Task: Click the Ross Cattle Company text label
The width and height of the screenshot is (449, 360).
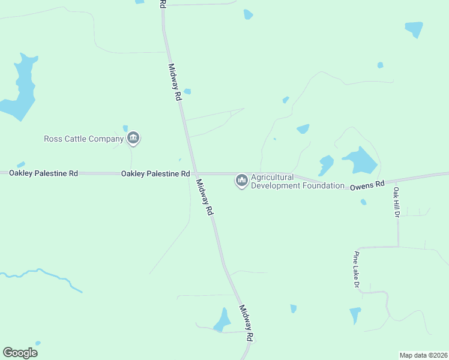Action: tap(83, 139)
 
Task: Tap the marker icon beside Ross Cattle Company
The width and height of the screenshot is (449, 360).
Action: tap(133, 139)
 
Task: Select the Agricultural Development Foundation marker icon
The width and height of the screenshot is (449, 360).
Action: tap(242, 180)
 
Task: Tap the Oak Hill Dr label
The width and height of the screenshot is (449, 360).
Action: tap(396, 202)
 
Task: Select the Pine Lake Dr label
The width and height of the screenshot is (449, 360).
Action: tap(356, 269)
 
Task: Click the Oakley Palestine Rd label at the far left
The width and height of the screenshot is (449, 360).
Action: tap(39, 173)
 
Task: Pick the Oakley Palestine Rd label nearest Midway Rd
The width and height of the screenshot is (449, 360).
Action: tap(155, 173)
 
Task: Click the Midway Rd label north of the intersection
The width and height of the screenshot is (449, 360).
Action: tap(175, 82)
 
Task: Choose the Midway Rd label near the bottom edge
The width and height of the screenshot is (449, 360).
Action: tap(246, 323)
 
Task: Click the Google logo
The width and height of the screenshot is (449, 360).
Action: tap(20, 353)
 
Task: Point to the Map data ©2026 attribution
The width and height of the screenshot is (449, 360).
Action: tap(423, 355)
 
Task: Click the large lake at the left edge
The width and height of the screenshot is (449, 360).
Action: tap(21, 90)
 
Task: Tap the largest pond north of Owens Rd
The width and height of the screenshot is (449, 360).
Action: tap(360, 161)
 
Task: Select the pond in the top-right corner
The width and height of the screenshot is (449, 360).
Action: tap(414, 29)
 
